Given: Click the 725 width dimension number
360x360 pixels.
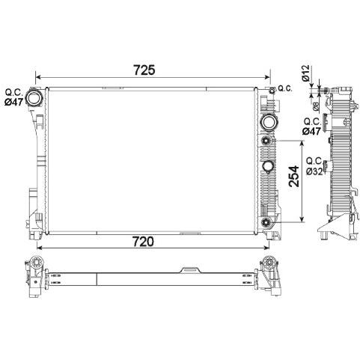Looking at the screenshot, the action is click(144, 70).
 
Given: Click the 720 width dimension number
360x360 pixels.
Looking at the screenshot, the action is click(143, 241).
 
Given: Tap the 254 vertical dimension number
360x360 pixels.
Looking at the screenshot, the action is click(293, 176).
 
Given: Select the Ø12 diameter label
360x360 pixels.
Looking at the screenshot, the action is click(305, 73).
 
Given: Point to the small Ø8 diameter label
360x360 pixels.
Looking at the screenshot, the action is click(316, 106).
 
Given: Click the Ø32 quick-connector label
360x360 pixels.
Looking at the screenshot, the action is click(314, 171).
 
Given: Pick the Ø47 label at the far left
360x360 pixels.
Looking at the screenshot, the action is click(14, 102).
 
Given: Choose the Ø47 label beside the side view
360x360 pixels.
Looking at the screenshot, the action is click(311, 131).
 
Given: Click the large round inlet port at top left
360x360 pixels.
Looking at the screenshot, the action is click(34, 98).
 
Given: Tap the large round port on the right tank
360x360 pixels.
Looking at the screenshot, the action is click(267, 121).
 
